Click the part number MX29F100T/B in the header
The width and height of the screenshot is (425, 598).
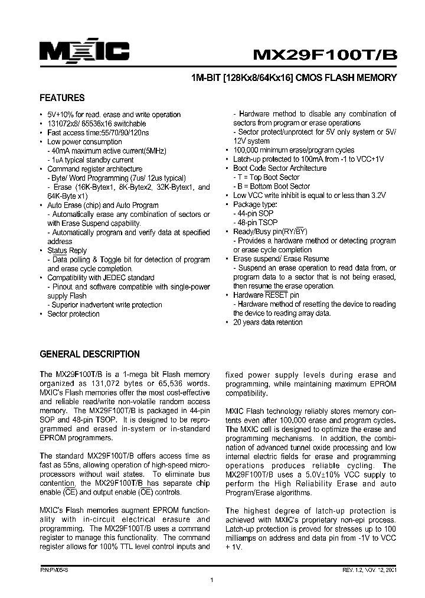325,54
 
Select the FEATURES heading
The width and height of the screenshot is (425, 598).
62,98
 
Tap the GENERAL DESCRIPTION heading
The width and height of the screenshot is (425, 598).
89,355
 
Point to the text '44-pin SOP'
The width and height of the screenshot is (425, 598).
254,213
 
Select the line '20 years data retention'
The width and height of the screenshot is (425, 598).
268,322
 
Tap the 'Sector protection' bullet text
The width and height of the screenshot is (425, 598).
74,314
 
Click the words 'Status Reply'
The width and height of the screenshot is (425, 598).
67,251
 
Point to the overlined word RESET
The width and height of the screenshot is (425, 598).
276,295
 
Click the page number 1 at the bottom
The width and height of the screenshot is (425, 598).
211,582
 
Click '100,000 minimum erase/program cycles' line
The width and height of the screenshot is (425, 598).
294,150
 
